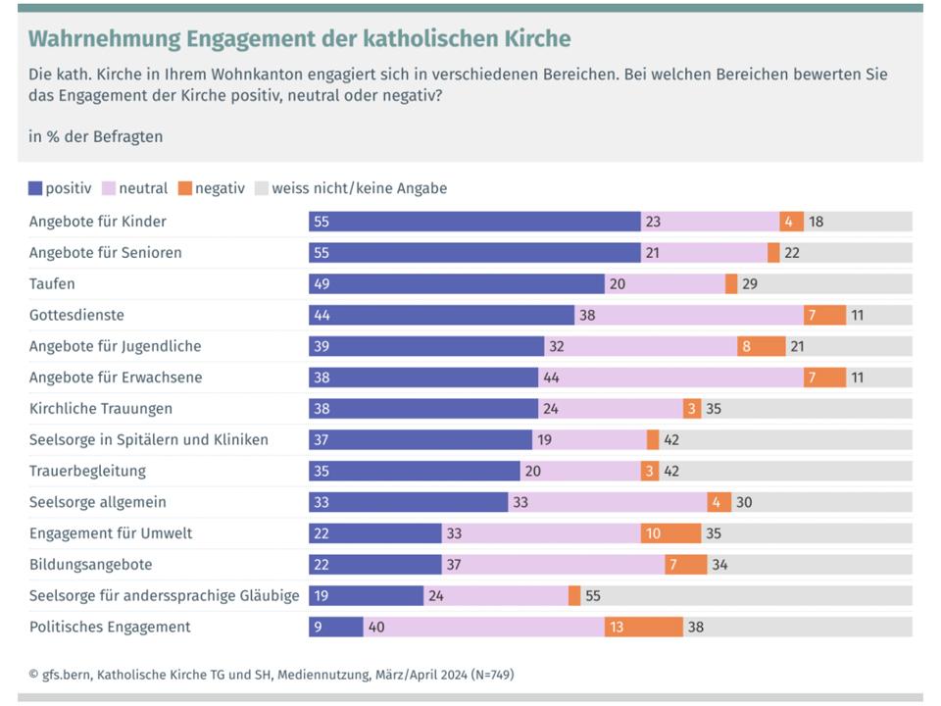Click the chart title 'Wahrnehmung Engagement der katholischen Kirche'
click(x=299, y=39)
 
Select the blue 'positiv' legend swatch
click(x=36, y=188)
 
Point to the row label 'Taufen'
click(x=52, y=283)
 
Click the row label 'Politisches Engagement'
click(x=110, y=627)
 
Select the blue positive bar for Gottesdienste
click(x=441, y=315)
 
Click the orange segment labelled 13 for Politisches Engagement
click(x=643, y=627)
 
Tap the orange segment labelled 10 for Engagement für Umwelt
click(x=670, y=533)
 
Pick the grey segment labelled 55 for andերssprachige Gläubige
click(x=746, y=595)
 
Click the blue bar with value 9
click(x=335, y=627)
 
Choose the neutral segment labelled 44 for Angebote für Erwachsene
click(x=670, y=378)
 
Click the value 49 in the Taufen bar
click(x=322, y=283)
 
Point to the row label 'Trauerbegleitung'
click(x=87, y=471)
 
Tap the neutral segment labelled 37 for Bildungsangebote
click(x=553, y=565)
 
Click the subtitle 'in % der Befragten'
click(x=96, y=136)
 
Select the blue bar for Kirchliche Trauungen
click(x=423, y=409)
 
